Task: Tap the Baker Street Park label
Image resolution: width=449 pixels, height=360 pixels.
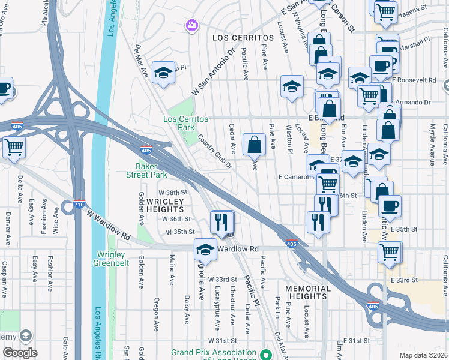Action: click(150, 170)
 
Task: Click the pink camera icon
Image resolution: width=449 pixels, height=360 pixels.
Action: click(191, 25)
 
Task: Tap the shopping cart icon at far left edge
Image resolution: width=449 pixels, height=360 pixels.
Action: click(13, 146)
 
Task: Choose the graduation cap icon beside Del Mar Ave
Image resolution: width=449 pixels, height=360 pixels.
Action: click(163, 73)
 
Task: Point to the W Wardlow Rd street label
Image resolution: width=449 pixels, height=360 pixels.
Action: click(109, 224)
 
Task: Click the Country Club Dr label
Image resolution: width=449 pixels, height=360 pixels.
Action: click(214, 154)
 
